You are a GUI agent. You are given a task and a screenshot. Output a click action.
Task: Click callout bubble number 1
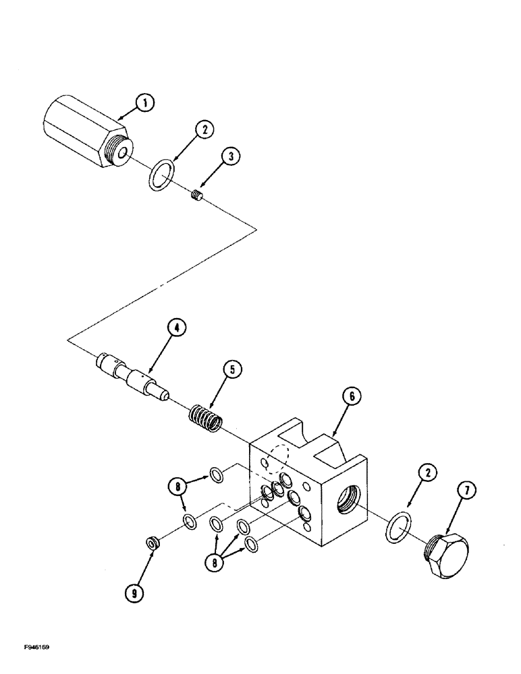click(x=144, y=103)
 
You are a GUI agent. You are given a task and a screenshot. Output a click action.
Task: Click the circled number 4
click(x=175, y=328)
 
